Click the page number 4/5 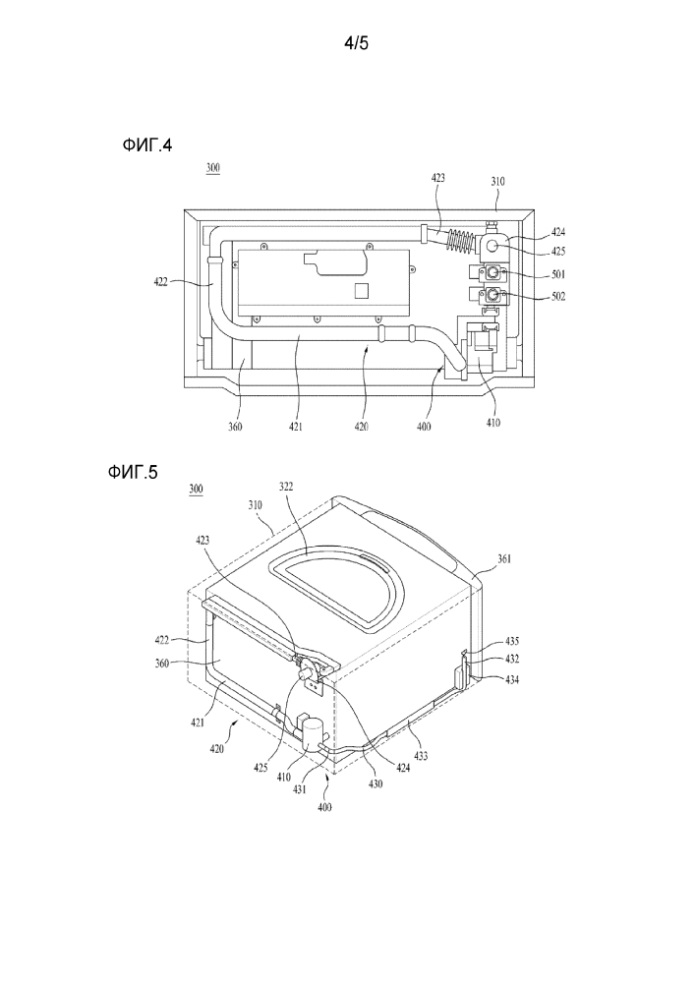click(357, 43)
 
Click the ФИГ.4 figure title click(147, 145)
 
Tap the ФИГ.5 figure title click(133, 472)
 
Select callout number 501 click(556, 274)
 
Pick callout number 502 click(557, 297)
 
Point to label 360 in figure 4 click(235, 427)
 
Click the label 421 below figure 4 click(295, 427)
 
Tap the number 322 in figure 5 click(285, 487)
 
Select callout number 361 click(504, 558)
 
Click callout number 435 click(511, 641)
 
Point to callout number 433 click(421, 756)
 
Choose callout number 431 click(300, 789)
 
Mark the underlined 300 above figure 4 click(213, 168)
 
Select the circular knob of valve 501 click(493, 272)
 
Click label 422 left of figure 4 click(161, 282)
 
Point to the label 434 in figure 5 click(511, 680)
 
